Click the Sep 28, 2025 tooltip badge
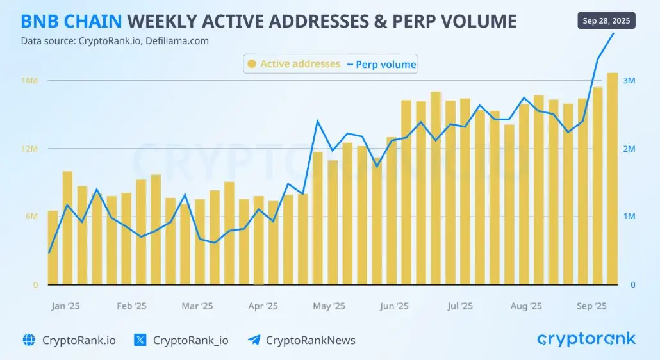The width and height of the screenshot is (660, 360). click(606, 20)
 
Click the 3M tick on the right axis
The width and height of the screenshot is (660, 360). click(629, 81)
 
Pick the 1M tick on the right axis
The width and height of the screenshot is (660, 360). click(629, 217)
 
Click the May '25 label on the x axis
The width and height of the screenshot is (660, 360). click(329, 306)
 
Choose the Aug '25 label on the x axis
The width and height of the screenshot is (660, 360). click(526, 306)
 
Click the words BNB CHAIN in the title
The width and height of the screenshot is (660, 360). click(71, 22)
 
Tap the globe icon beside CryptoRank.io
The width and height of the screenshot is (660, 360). click(29, 340)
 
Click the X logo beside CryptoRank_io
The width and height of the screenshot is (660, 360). click(140, 340)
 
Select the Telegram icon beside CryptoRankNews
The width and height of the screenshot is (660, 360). click(254, 340)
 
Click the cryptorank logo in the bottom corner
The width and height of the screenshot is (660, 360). click(586, 340)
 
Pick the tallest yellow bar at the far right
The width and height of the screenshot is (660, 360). click(612, 179)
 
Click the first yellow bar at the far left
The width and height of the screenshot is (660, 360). click(53, 247)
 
